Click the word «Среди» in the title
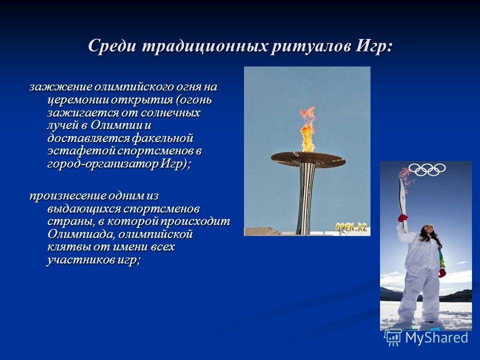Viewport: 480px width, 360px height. pyautogui.click(x=112, y=46)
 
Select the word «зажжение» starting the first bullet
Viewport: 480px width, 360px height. pyautogui.click(x=60, y=87)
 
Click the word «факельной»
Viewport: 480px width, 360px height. pyautogui.click(x=162, y=138)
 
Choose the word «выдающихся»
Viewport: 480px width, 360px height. pyautogui.click(x=84, y=209)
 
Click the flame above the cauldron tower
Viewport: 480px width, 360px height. pyautogui.click(x=308, y=129)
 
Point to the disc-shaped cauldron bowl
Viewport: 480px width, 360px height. pyautogui.click(x=308, y=159)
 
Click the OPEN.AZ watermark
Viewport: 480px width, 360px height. pyautogui.click(x=351, y=227)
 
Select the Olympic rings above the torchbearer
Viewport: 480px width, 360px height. pyautogui.click(x=427, y=169)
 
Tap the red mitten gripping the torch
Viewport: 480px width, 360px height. pyautogui.click(x=403, y=218)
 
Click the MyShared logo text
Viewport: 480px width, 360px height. pyautogui.click(x=436, y=338)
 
